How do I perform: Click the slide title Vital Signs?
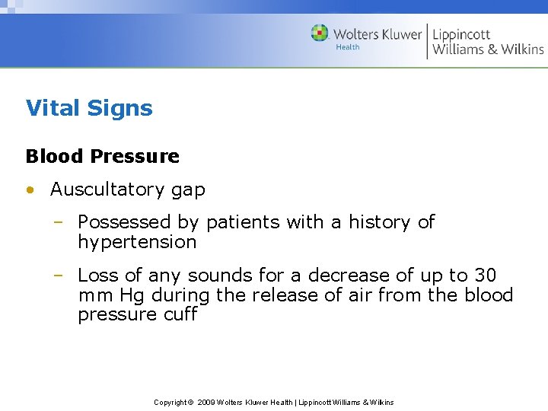tap(89, 108)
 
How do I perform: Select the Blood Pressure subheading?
tap(103, 156)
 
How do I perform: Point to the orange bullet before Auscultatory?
tap(30, 190)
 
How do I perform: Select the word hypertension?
tap(137, 243)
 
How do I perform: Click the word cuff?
tap(180, 314)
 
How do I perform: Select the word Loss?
tap(98, 275)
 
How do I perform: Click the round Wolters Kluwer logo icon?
tap(320, 33)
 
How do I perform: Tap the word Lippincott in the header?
tap(461, 34)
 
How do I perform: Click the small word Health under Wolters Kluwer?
tap(348, 47)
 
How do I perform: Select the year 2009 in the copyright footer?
tap(205, 402)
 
